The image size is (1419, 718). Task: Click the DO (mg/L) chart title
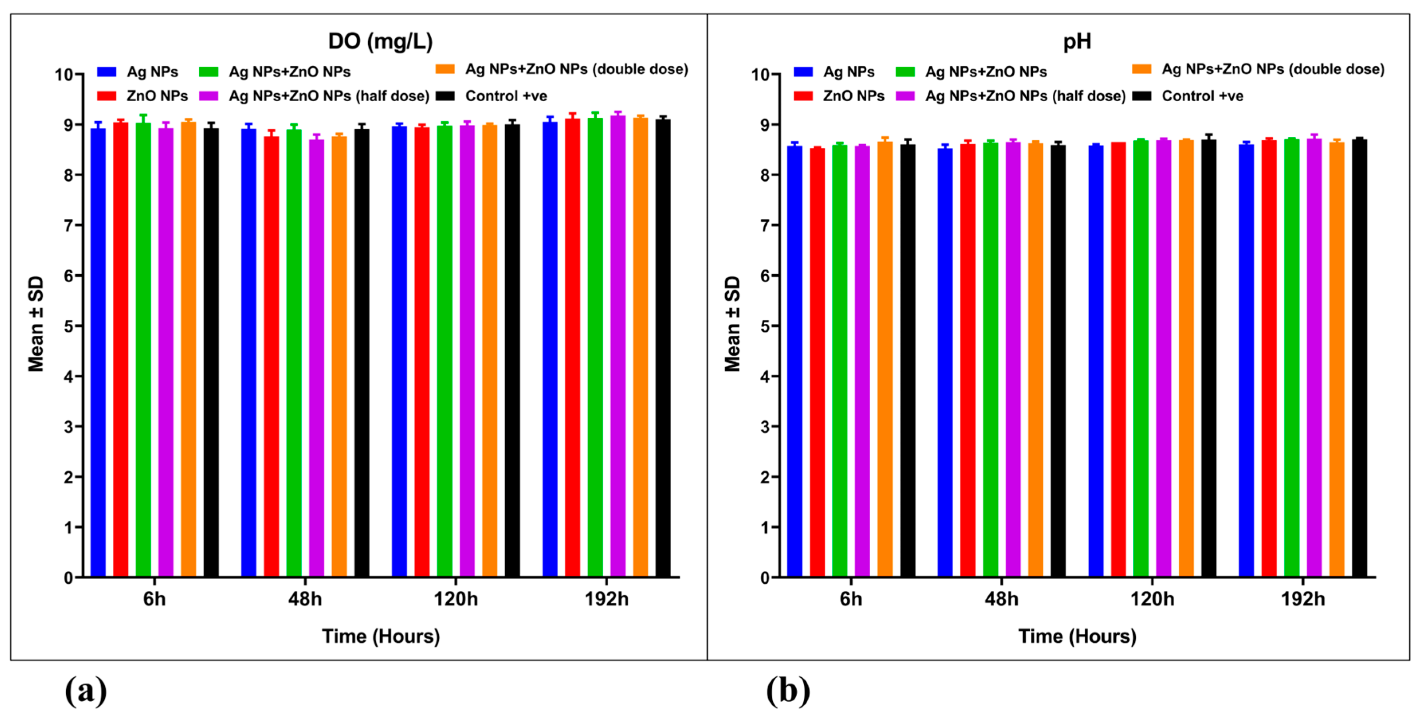pos(380,41)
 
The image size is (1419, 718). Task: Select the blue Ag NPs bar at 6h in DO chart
pos(98,353)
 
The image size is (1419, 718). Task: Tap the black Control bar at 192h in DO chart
pos(663,347)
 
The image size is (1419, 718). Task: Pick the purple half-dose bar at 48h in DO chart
pos(316,358)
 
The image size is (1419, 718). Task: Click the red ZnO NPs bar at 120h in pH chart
pos(1118,358)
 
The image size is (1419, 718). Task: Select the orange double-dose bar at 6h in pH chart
pos(885,358)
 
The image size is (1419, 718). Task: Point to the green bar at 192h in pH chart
pos(1291,358)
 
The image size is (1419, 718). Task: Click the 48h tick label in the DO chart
pos(304,598)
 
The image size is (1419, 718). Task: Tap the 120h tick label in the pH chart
pos(1152,598)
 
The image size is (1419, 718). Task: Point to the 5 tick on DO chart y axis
pos(68,326)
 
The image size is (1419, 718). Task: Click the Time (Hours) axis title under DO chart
pos(381,636)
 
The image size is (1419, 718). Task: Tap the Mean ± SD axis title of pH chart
pos(732,324)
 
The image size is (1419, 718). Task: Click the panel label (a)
pos(85,691)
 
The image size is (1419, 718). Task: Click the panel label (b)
pos(788,691)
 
